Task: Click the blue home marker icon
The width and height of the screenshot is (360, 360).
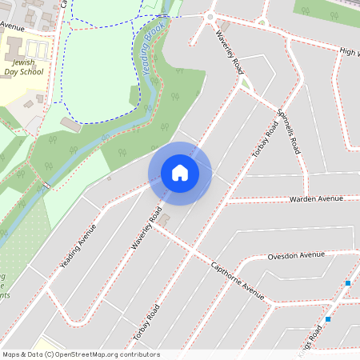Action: (x=180, y=173)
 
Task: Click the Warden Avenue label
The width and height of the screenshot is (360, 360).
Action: (x=316, y=198)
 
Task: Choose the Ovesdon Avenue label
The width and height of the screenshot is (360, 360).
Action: (x=296, y=255)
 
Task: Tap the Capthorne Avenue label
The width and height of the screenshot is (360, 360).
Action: (x=237, y=279)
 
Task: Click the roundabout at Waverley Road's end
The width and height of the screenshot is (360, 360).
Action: (x=211, y=16)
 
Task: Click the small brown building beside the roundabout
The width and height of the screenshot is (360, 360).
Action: (x=225, y=26)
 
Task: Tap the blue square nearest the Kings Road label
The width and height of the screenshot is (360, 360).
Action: (x=328, y=319)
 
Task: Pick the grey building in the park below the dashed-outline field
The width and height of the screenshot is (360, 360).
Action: (x=70, y=126)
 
